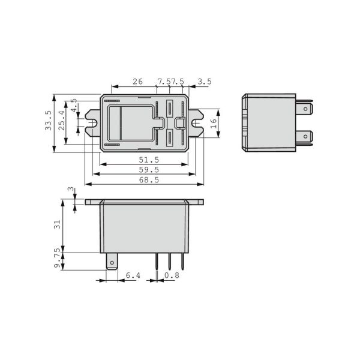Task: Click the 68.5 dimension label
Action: pos(149,180)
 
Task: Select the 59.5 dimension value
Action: pos(149,170)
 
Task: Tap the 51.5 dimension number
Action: pos(149,160)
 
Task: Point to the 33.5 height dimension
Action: pos(48,121)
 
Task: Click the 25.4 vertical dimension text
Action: pos(62,121)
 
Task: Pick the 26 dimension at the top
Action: pos(137,82)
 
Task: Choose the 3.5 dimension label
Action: pos(205,82)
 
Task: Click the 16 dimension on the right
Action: pos(214,124)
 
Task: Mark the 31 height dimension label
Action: pos(57,224)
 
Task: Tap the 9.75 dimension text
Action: pos(57,258)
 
